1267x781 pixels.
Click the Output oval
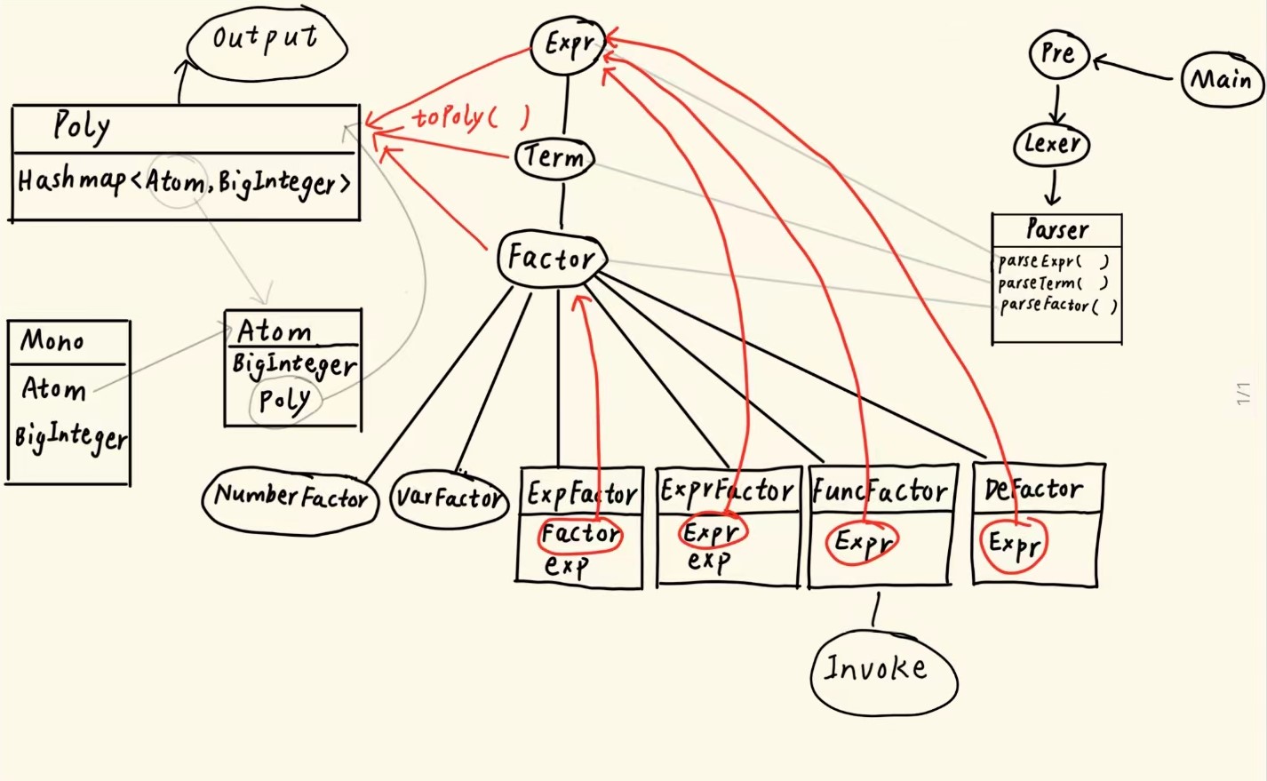pos(267,43)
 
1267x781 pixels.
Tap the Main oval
pos(1223,79)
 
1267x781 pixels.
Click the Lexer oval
pos(1051,144)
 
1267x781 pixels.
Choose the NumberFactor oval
pos(291,500)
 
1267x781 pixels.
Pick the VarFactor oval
pos(449,498)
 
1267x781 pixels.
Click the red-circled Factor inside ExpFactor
pos(580,534)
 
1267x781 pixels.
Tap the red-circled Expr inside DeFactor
pos(1014,546)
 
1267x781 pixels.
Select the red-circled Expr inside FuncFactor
pos(862,542)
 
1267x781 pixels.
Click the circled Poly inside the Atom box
pos(285,401)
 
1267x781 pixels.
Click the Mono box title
pos(52,340)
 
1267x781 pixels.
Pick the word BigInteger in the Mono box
pos(71,439)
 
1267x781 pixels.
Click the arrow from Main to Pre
pos(1133,68)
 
